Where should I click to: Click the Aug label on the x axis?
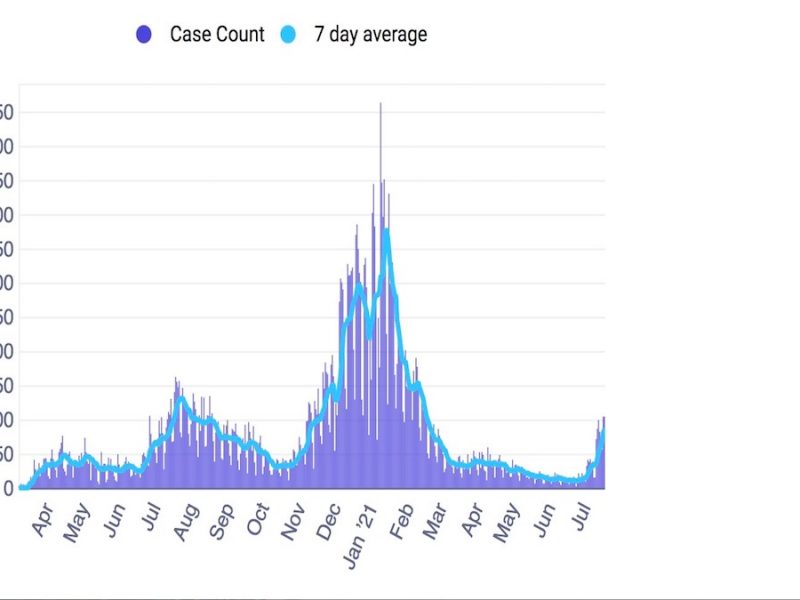tap(186, 523)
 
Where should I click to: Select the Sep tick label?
tap(222, 523)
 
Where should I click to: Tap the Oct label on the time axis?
tap(258, 521)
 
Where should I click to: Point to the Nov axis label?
tap(294, 522)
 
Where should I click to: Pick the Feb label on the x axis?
tap(402, 522)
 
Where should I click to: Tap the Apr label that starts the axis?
tap(42, 521)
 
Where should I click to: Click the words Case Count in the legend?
tap(217, 34)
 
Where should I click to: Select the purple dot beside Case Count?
tap(143, 35)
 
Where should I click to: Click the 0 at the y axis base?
tap(8, 488)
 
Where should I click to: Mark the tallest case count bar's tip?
tap(380, 104)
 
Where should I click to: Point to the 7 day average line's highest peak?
tap(385, 231)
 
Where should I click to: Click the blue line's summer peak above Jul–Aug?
tap(182, 399)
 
